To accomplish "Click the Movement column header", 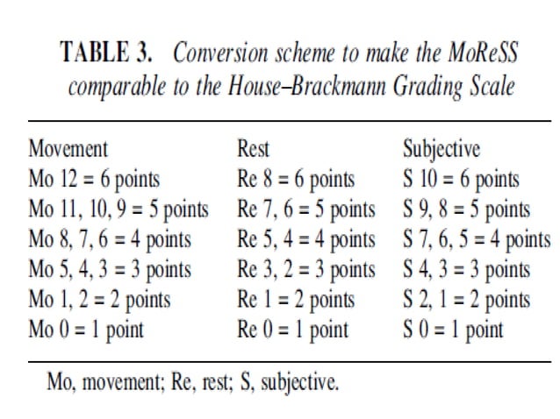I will (68, 148).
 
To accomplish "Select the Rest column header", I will (253, 148).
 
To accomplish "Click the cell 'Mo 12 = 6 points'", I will (95, 180).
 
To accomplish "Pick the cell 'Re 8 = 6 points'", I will (295, 180).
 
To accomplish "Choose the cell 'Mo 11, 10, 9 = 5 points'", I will (118, 209).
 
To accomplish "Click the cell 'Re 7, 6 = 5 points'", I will (305, 209).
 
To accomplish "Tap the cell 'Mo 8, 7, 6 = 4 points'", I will (110, 239).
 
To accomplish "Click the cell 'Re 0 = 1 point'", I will (292, 330).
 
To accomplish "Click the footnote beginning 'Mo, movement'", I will (193, 382).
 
